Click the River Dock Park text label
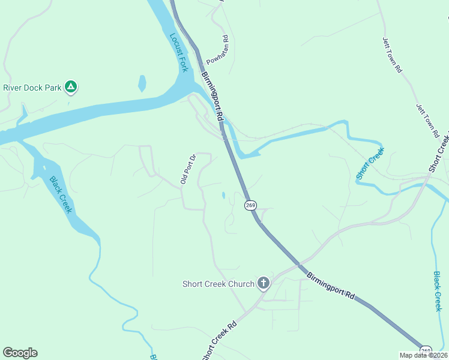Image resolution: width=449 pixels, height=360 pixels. (32, 88)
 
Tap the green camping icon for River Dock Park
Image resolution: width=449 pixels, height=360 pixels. (71, 88)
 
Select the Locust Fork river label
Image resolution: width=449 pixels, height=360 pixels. (179, 52)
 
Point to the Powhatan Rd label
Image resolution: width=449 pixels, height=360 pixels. (218, 52)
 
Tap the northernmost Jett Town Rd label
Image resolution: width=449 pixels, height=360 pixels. (392, 55)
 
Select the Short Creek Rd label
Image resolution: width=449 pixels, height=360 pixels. (220, 340)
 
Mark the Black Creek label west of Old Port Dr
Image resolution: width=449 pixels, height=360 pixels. (61, 194)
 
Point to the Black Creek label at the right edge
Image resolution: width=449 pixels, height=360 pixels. (438, 291)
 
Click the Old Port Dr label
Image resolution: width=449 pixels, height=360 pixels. (188, 170)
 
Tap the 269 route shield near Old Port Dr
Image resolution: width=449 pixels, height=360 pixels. (250, 205)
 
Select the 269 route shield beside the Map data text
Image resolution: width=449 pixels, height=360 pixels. (426, 350)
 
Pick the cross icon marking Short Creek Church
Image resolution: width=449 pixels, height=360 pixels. (263, 283)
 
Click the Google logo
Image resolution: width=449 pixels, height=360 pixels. (20, 353)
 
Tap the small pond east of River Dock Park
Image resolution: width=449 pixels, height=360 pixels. (142, 83)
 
